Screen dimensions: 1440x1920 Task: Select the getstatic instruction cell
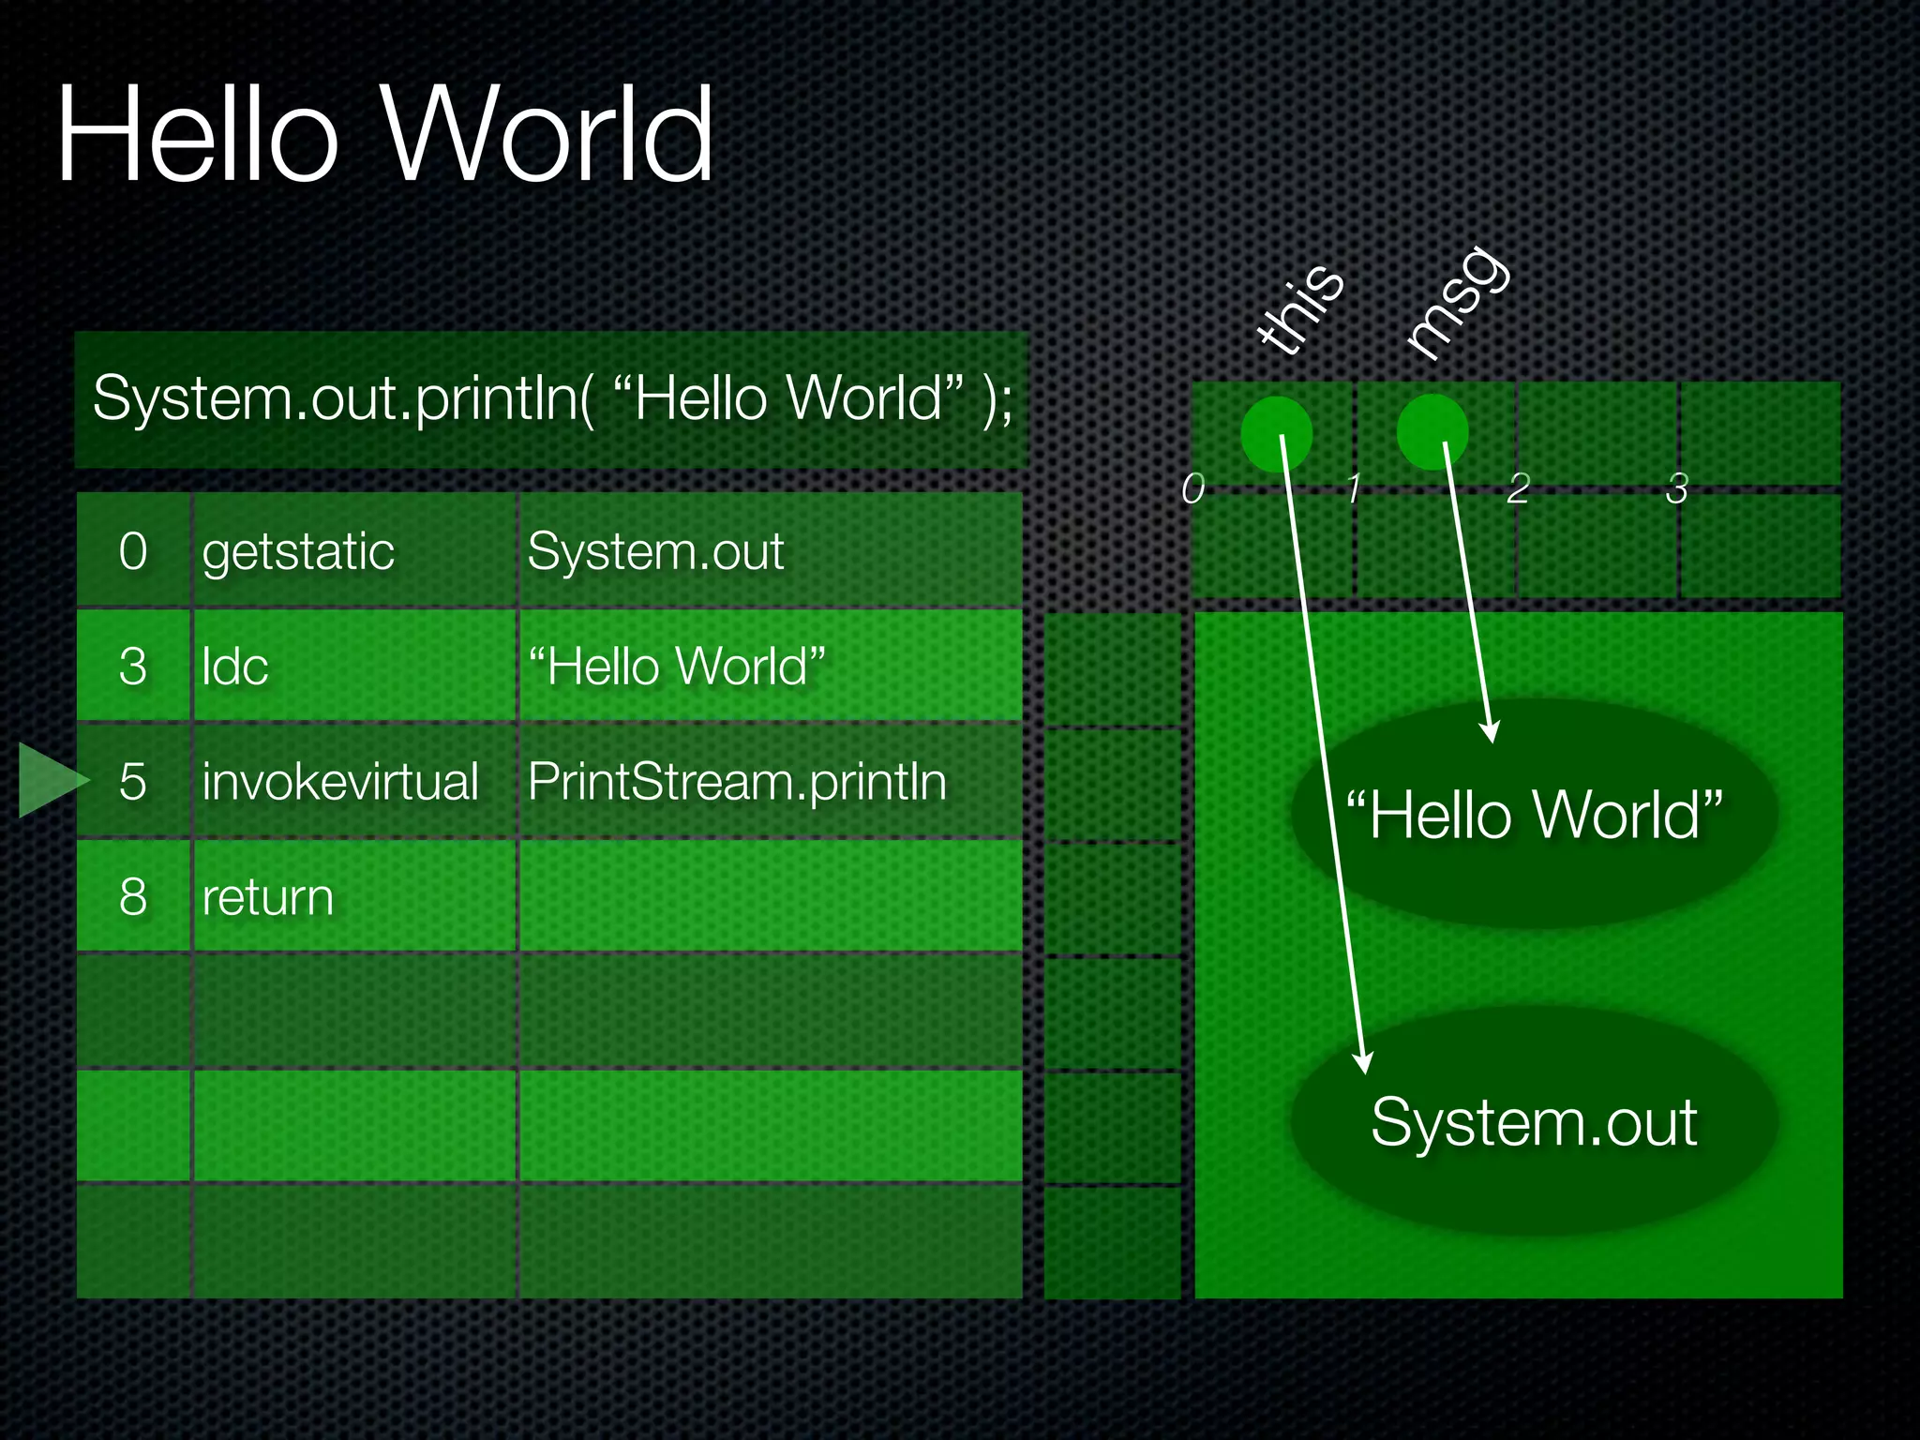pyautogui.click(x=298, y=551)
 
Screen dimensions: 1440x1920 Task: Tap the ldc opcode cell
pyautogui.click(x=235, y=667)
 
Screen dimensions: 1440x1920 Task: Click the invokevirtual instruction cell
pyautogui.click(x=340, y=781)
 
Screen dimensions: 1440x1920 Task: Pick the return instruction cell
pyautogui.click(x=268, y=897)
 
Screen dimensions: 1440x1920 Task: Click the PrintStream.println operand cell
pyautogui.click(x=737, y=781)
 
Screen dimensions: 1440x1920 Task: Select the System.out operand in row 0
pyautogui.click(x=655, y=551)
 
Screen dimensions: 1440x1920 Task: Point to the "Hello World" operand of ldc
pyautogui.click(x=676, y=667)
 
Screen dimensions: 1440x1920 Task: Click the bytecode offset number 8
pyautogui.click(x=133, y=897)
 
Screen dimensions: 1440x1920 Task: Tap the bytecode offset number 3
pyautogui.click(x=133, y=667)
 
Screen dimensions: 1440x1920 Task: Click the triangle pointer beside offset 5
pyautogui.click(x=49, y=780)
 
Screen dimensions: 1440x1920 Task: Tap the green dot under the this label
pyautogui.click(x=1276, y=433)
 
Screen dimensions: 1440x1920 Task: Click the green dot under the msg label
pyautogui.click(x=1432, y=431)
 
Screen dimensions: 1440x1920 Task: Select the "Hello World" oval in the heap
pyautogui.click(x=1534, y=814)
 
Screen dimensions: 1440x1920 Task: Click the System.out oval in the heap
pyautogui.click(x=1534, y=1121)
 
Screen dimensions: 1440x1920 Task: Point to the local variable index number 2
pyautogui.click(x=1519, y=488)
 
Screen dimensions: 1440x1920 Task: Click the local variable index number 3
pyautogui.click(x=1677, y=488)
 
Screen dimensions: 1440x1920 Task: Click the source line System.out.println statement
pyautogui.click(x=551, y=398)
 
